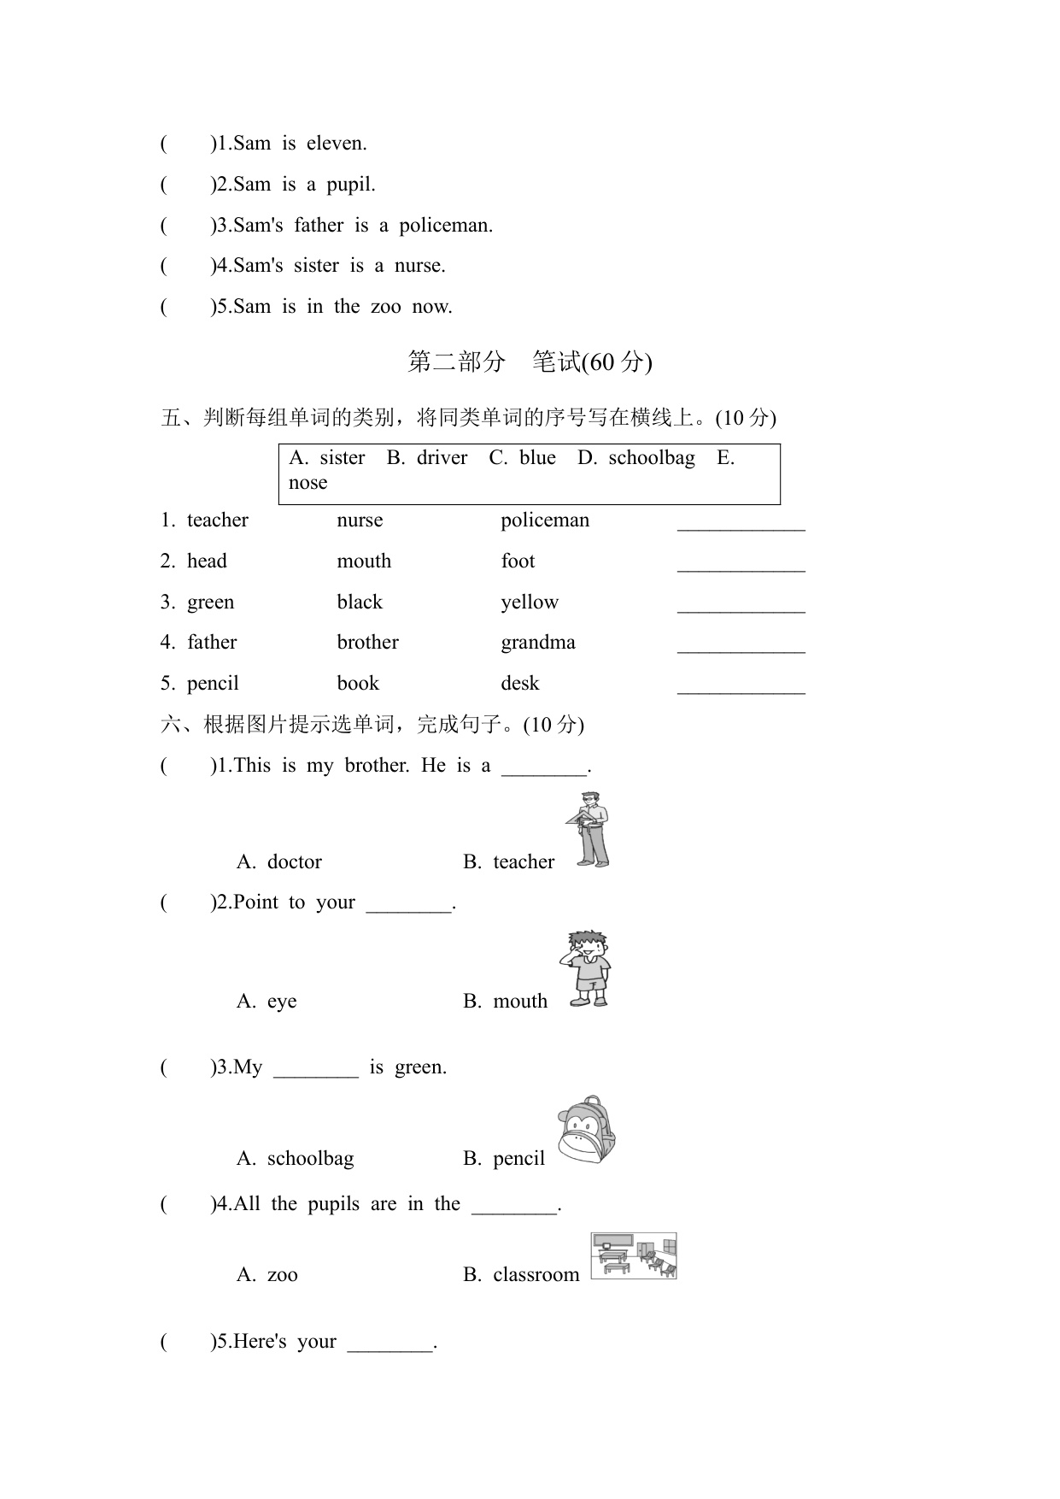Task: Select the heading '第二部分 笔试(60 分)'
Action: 530,362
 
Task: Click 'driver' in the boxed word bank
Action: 442,458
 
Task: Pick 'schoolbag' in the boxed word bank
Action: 651,458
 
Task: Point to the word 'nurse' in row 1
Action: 360,520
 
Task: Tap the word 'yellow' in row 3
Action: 530,603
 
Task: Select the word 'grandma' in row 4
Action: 538,643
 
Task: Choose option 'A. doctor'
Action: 279,861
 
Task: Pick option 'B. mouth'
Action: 506,1002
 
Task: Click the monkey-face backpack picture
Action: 587,1130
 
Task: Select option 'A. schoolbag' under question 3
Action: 296,1159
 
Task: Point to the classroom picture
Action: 634,1256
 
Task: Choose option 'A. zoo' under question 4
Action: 267,1275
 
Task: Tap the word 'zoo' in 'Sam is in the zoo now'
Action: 385,307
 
